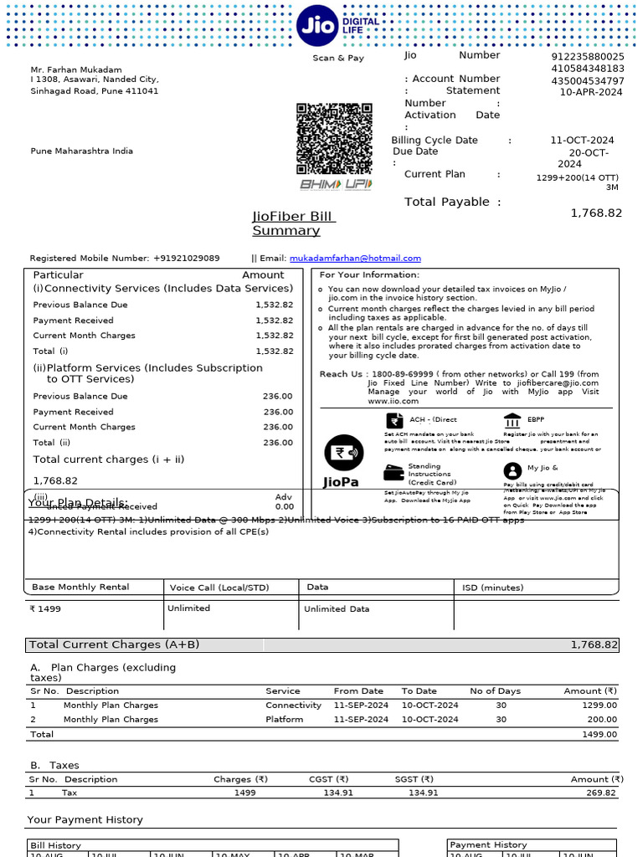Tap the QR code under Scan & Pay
334,138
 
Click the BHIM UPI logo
335,184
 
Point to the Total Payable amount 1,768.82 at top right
596,213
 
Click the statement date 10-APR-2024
591,92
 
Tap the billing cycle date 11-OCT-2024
582,140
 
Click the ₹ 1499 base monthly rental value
45,608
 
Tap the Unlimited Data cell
337,608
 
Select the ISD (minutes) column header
492,588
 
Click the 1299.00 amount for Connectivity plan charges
599,706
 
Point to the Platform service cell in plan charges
284,719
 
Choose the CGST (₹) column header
329,779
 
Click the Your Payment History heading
85,819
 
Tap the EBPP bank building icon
512,420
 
